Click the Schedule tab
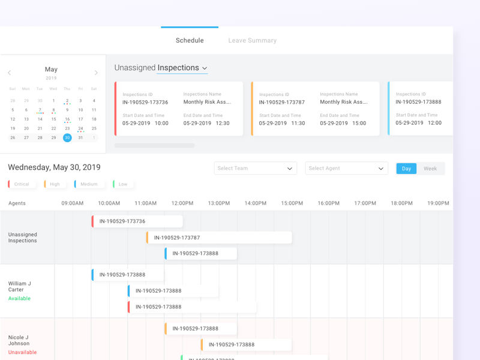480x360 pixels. click(x=190, y=41)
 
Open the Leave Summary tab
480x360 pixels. click(x=252, y=41)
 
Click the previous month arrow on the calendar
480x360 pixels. click(x=10, y=73)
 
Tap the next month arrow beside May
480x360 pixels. click(x=96, y=73)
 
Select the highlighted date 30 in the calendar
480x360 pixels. click(x=67, y=137)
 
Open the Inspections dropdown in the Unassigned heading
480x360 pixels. click(x=182, y=68)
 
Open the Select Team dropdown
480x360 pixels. click(x=255, y=169)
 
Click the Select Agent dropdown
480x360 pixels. click(x=346, y=169)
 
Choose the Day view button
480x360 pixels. click(x=406, y=169)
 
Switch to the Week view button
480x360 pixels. click(x=430, y=169)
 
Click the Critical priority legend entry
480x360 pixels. click(x=22, y=184)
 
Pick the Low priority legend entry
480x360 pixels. click(x=123, y=184)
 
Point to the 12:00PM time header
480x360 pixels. click(x=182, y=203)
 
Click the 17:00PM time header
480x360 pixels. click(x=365, y=203)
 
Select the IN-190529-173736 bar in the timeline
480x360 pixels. click(x=137, y=221)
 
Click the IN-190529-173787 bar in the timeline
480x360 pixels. click(x=219, y=238)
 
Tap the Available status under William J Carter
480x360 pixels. click(x=19, y=298)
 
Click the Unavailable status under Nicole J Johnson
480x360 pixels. click(x=22, y=352)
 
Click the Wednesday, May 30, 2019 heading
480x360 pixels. click(x=54, y=167)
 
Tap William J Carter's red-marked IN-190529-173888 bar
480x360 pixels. click(x=192, y=307)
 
